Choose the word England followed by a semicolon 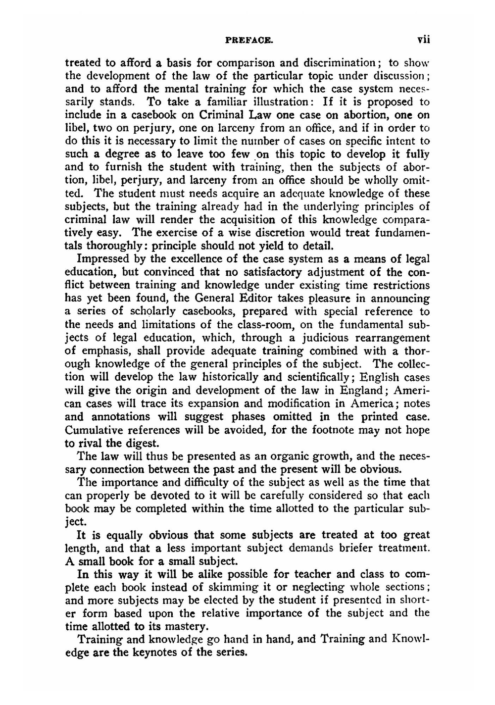(360, 390)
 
